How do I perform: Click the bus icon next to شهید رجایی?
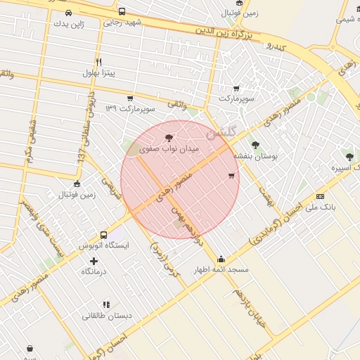[122, 12]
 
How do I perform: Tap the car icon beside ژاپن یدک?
[68, 13]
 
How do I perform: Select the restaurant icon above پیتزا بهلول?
[98, 62]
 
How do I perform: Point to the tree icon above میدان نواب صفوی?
[167, 138]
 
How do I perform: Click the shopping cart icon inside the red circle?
[231, 175]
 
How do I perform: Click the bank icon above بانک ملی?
[321, 196]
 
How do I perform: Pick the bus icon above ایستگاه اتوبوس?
[103, 235]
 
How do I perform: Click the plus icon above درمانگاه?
[94, 260]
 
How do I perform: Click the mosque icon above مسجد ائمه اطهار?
[221, 259]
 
